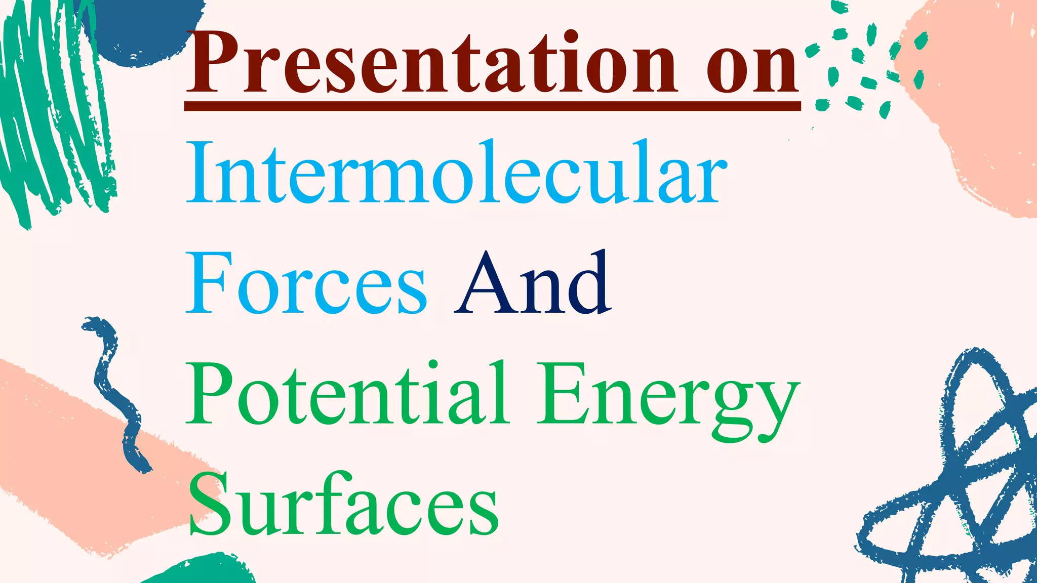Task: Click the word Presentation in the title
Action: click(x=430, y=63)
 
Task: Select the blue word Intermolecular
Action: click(x=456, y=172)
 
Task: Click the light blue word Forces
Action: click(x=306, y=283)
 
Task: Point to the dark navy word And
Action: click(x=532, y=283)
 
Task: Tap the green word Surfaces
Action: click(x=344, y=506)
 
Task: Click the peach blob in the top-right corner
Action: click(x=977, y=101)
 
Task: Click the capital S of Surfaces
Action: click(x=208, y=506)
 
